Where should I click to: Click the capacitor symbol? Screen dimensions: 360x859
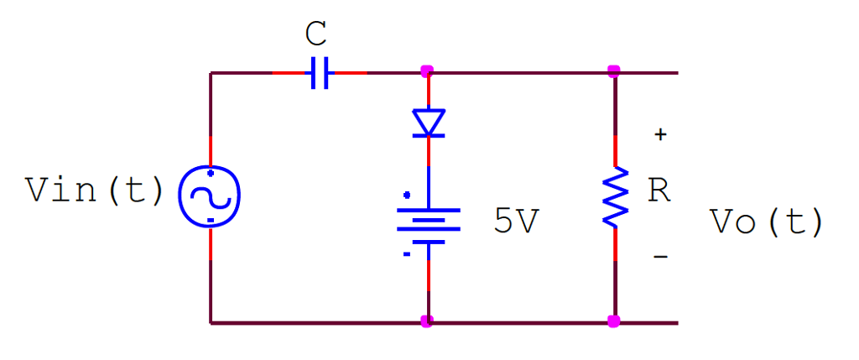pos(319,73)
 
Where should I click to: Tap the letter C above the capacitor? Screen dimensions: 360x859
pos(315,35)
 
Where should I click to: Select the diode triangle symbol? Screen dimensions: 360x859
pos(429,123)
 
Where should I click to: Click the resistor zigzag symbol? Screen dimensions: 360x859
pos(616,196)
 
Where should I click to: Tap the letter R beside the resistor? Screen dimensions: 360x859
pos(659,191)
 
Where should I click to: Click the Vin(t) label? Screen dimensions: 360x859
pos(95,190)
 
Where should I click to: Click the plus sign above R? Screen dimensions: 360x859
pos(661,134)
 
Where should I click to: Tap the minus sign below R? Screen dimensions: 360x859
pos(661,256)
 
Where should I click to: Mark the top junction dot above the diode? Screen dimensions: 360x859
pos(428,71)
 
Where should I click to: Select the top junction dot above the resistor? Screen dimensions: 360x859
pos(614,71)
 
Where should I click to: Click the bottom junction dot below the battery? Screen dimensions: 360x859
pos(428,321)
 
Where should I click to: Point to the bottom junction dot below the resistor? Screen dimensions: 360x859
pos(614,321)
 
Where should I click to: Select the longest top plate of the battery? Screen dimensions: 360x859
pos(429,210)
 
